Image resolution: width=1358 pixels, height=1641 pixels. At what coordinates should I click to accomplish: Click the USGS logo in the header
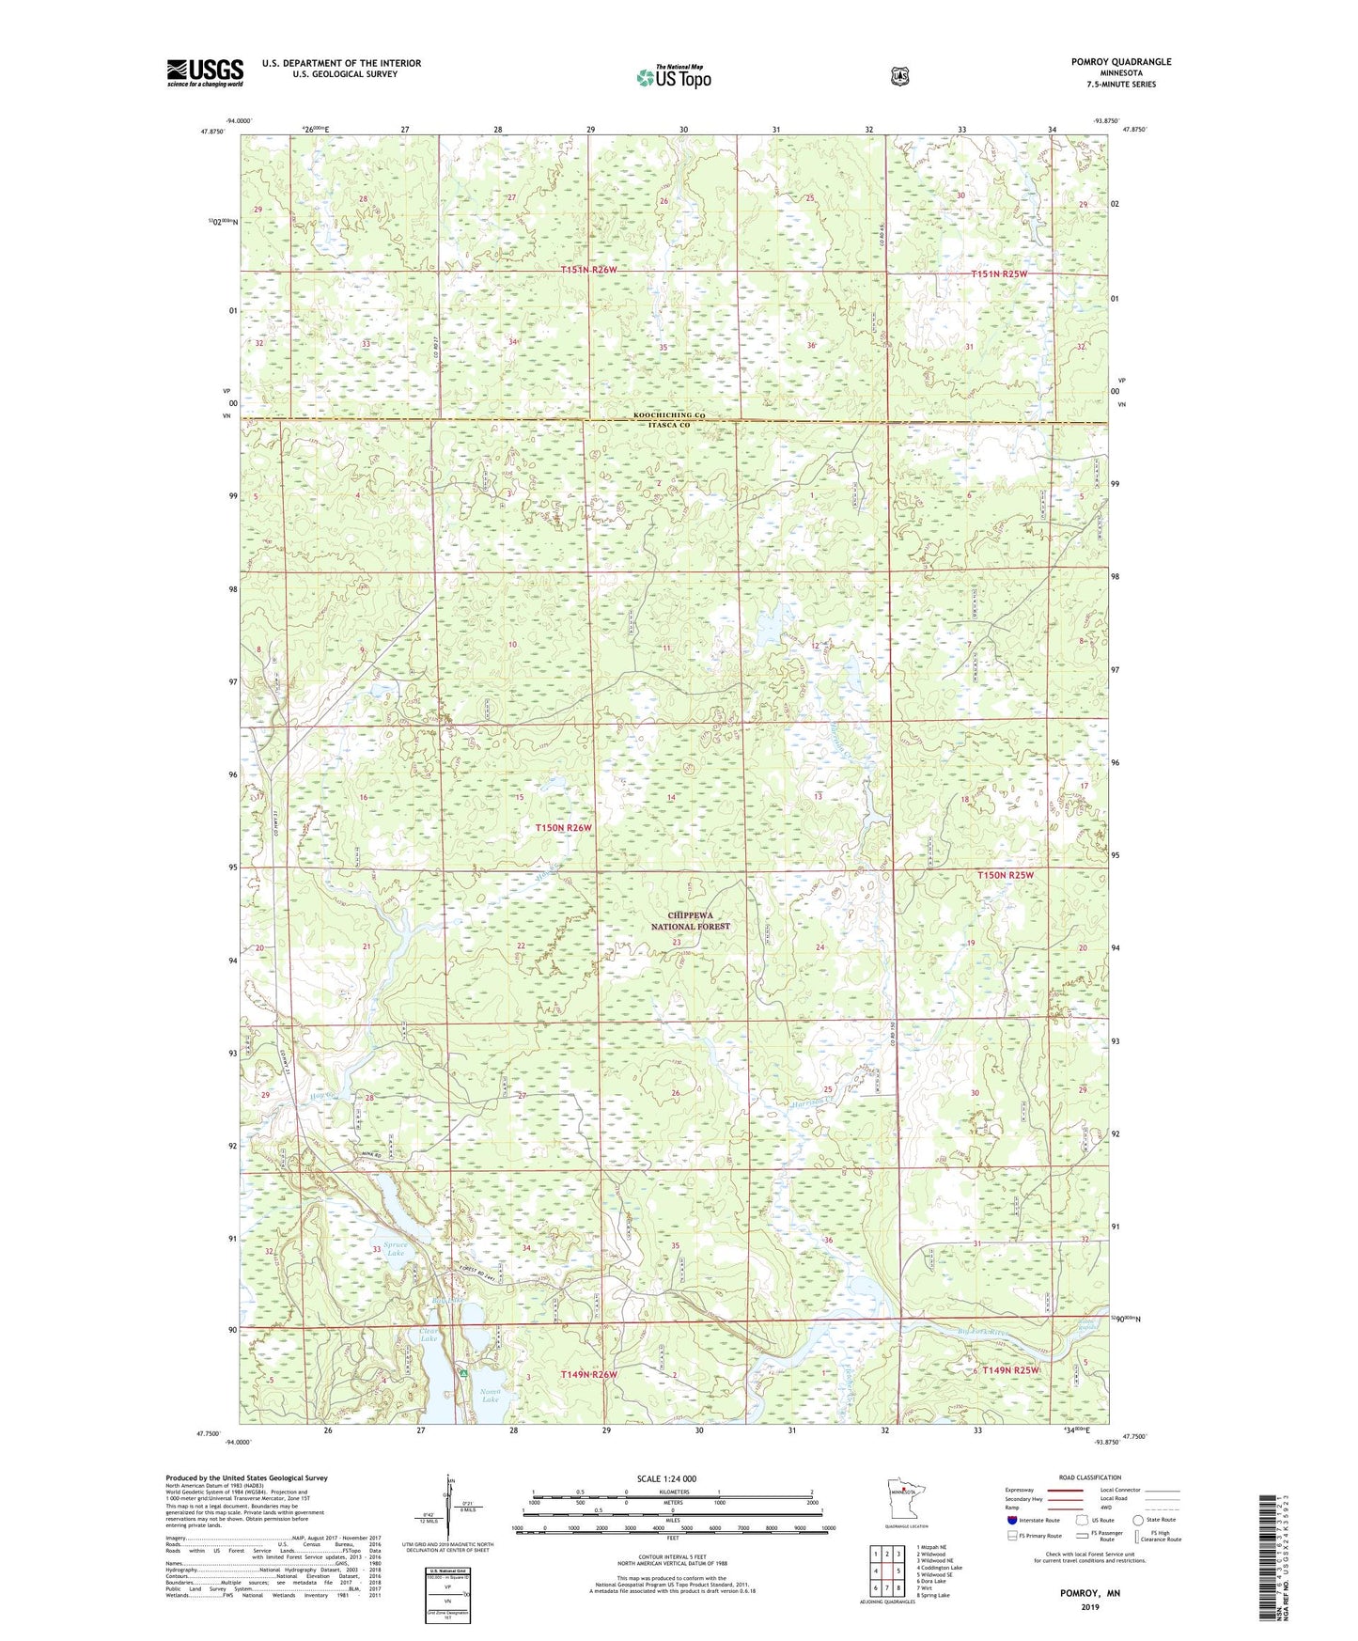coord(205,72)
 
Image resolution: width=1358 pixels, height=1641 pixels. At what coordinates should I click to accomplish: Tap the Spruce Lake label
coord(396,1248)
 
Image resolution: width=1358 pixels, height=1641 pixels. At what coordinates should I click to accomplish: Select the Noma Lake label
coord(491,1395)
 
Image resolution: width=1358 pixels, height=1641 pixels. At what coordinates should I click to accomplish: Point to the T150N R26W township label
coord(564,828)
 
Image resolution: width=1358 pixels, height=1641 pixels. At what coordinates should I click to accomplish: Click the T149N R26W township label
coord(588,1374)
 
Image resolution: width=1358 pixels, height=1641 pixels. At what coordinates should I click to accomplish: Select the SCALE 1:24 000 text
coord(666,1478)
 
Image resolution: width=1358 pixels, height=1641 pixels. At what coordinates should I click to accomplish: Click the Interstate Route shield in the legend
coord(1011,1520)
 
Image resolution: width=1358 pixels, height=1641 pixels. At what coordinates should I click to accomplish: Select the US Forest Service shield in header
coord(900,76)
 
